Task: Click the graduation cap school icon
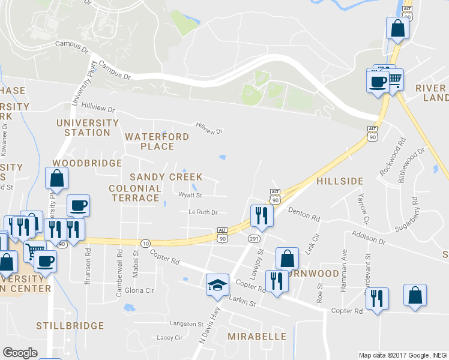(x=217, y=284)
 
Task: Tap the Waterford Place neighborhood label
(x=157, y=141)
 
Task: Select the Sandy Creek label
(x=166, y=177)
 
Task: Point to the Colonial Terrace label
(x=135, y=193)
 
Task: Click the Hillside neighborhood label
(x=340, y=181)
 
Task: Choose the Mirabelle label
(x=256, y=336)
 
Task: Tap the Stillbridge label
(x=70, y=326)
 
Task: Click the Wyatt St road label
(x=190, y=195)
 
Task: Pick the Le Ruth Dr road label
(x=203, y=212)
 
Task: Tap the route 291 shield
(x=253, y=239)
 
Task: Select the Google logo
(x=20, y=352)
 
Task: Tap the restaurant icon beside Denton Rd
(x=261, y=215)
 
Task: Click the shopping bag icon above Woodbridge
(x=56, y=178)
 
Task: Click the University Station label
(x=88, y=128)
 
